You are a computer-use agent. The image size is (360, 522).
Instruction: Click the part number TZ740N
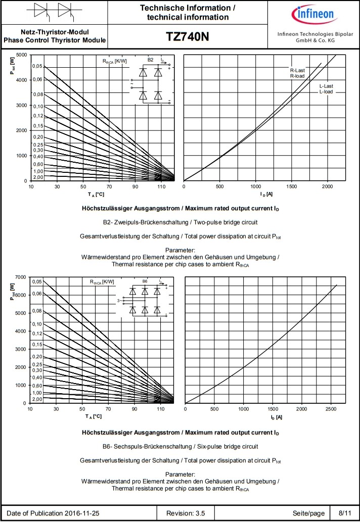[187, 37]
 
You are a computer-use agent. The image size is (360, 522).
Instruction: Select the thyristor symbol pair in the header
[53, 12]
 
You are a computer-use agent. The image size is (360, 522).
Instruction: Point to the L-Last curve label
[326, 89]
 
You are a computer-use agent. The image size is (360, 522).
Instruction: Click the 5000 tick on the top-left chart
[21, 55]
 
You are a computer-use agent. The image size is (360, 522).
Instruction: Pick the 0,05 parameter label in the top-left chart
[37, 67]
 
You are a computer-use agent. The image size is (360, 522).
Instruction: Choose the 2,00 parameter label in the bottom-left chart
[37, 399]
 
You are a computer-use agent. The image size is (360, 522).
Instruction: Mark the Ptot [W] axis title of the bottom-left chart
[12, 292]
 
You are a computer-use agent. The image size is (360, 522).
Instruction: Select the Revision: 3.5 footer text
[186, 513]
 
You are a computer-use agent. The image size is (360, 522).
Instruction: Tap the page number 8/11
[344, 513]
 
